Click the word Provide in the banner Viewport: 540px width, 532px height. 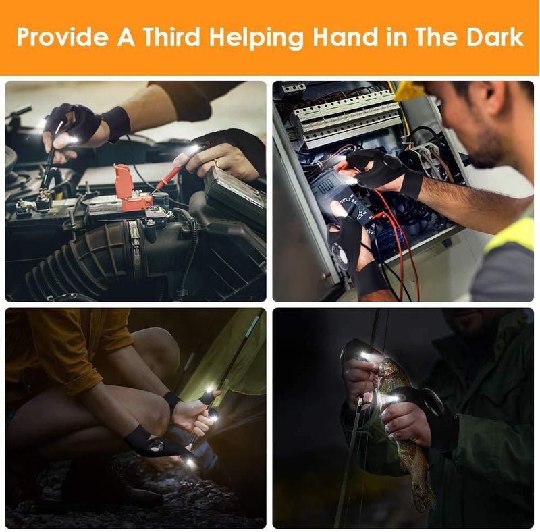pos(61,36)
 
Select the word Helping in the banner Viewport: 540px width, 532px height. pos(256,38)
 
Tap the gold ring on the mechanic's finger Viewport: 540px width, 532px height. pos(216,163)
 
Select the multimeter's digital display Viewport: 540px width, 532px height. pos(325,187)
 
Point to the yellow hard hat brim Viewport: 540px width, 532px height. pos(410,91)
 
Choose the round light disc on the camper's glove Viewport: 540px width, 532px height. pos(156,446)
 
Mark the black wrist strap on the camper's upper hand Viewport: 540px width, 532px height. pos(172,402)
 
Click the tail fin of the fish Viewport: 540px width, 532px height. pos(425,497)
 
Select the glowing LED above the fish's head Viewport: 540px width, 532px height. pos(363,354)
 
